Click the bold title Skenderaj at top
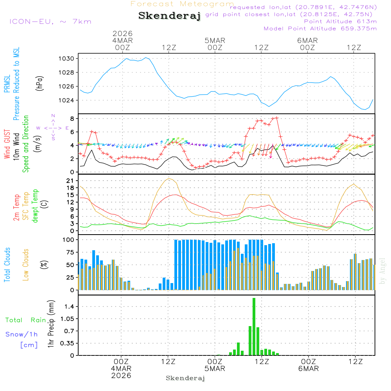[x=169, y=16]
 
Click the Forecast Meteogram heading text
[x=182, y=4]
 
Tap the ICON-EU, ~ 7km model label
[x=50, y=22]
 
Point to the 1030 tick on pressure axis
[x=67, y=59]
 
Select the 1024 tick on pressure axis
[x=67, y=100]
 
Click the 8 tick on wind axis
[x=72, y=118]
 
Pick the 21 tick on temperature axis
[x=70, y=181]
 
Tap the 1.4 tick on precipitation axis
[x=69, y=307]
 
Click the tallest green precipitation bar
[x=254, y=326]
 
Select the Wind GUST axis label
[x=7, y=145]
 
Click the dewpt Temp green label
[x=36, y=206]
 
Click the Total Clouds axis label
[x=7, y=265]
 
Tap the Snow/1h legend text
[x=22, y=334]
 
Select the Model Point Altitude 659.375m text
[x=320, y=29]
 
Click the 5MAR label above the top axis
[x=215, y=40]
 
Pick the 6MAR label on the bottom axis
[x=308, y=368]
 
